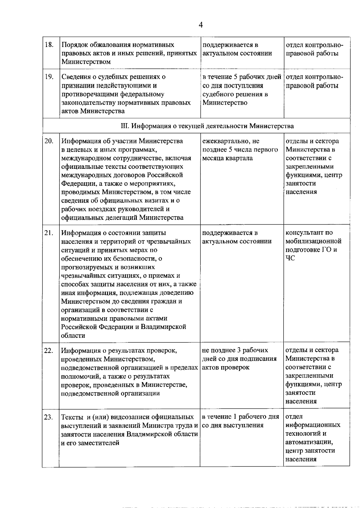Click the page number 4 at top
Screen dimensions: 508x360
click(201, 25)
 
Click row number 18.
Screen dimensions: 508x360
click(49, 45)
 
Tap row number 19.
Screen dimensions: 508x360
click(49, 77)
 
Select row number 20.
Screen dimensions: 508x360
click(49, 141)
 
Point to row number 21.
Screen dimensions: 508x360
click(49, 233)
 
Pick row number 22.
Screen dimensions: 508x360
click(49, 350)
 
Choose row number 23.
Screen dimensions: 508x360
click(49, 417)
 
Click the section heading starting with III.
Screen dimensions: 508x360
click(207, 126)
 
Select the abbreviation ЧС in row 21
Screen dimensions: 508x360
click(290, 258)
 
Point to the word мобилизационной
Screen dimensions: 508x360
click(313, 241)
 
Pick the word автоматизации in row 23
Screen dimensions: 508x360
click(309, 442)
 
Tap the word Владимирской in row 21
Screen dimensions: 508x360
click(164, 327)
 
